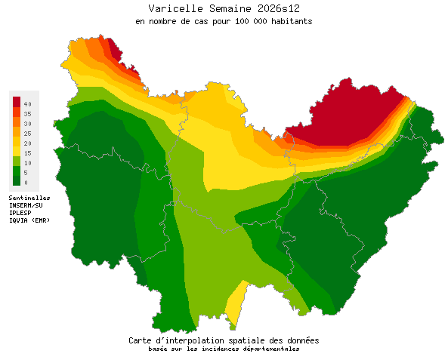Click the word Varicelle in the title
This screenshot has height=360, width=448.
tap(173, 8)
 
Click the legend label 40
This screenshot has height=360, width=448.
tap(26, 103)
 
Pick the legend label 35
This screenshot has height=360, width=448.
tap(26, 113)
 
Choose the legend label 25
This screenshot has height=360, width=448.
tap(26, 133)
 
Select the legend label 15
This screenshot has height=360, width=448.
tap(26, 152)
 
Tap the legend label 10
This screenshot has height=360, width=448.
tap(26, 162)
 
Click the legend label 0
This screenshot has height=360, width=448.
tap(25, 182)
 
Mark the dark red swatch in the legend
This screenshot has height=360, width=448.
tap(16, 102)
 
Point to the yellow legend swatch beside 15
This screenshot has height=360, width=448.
tap(16, 151)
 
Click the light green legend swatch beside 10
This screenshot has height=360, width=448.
tap(16, 161)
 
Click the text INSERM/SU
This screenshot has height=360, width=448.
tap(26, 205)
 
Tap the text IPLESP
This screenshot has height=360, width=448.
tap(20, 212)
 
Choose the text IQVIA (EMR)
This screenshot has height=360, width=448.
tap(29, 220)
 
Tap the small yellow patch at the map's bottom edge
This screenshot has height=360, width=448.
tap(236, 302)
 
